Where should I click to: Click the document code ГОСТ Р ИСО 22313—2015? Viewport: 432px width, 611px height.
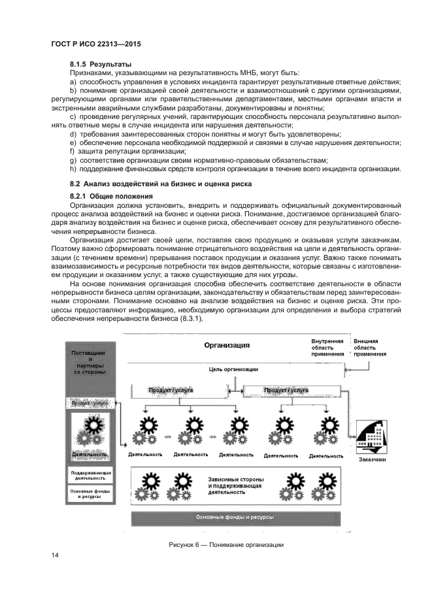click(97, 44)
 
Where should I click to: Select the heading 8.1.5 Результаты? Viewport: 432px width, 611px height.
click(101, 64)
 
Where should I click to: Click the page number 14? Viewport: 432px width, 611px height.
click(56, 555)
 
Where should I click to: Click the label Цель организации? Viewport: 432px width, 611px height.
click(233, 369)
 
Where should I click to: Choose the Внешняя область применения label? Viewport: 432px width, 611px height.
click(369, 347)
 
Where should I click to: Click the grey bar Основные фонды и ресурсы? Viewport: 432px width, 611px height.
click(235, 517)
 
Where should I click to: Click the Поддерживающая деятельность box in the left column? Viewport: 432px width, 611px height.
click(91, 474)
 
